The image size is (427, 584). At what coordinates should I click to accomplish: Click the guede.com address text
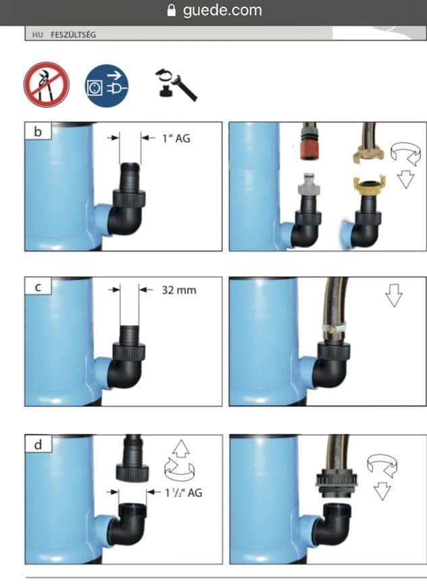(222, 10)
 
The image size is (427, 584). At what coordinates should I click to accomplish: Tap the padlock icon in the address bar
(172, 10)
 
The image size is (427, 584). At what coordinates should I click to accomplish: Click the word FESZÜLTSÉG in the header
(74, 35)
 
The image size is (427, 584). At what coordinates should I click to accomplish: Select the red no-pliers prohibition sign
(47, 84)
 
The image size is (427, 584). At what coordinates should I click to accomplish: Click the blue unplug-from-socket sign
(107, 86)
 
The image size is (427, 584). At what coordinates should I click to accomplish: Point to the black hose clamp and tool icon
(176, 84)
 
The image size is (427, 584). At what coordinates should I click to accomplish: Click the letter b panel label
(38, 132)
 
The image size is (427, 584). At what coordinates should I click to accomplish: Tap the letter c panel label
(38, 287)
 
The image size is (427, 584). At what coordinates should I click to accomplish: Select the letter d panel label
(38, 445)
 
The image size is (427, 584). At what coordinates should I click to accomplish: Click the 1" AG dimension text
(176, 139)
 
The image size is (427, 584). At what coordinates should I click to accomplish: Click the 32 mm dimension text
(179, 290)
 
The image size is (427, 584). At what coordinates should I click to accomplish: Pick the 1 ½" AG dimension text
(184, 493)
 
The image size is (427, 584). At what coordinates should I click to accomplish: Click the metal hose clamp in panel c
(334, 328)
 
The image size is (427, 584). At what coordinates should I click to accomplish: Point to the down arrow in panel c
(394, 295)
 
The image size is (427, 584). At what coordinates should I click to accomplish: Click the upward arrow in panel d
(181, 448)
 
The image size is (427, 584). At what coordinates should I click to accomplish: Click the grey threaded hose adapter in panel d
(336, 483)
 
